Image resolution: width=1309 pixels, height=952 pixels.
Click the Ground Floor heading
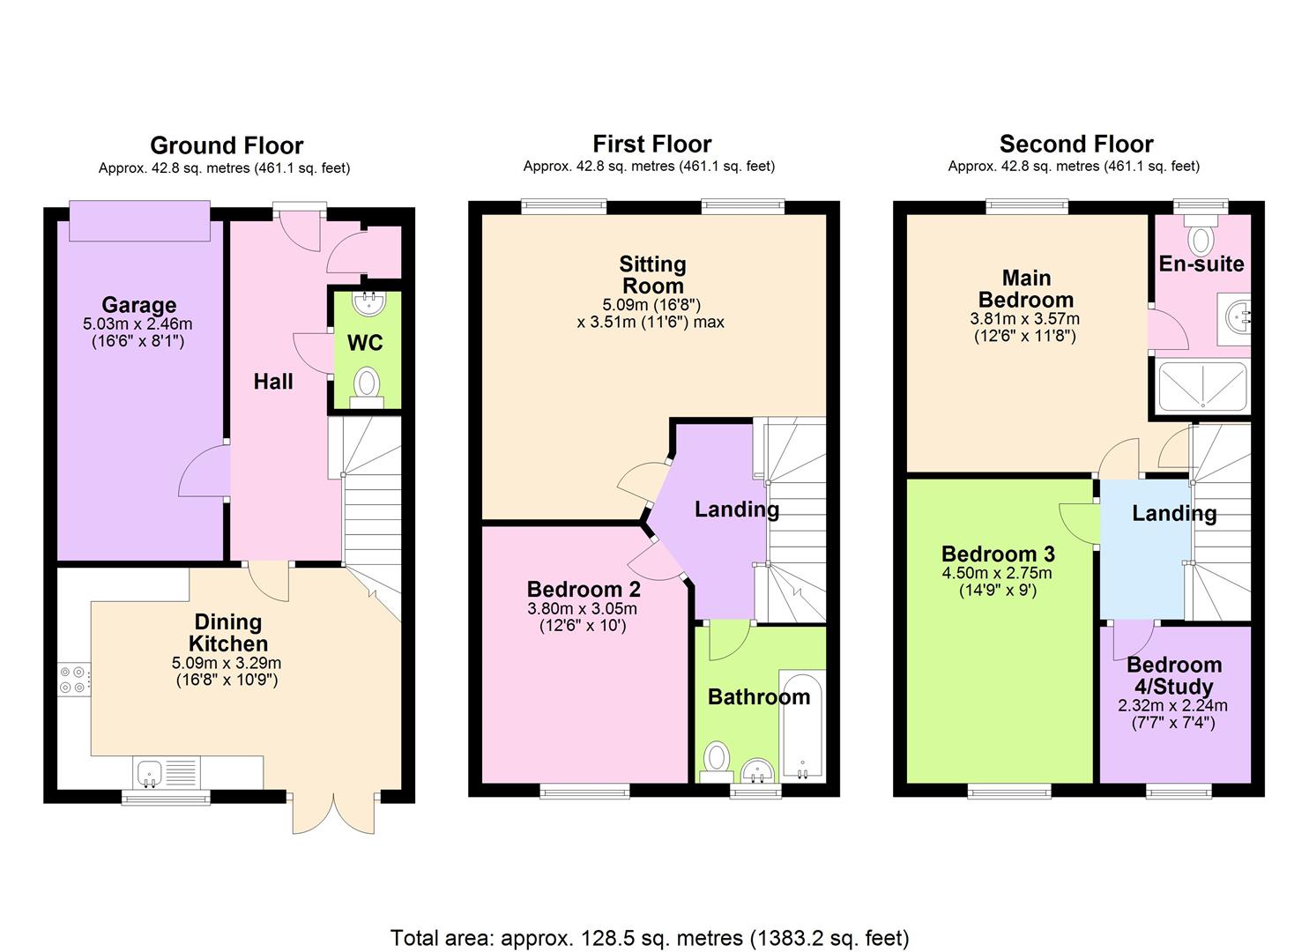(x=227, y=145)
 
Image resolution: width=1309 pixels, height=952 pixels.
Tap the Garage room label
(x=138, y=304)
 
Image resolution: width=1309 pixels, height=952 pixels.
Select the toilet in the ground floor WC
(x=367, y=388)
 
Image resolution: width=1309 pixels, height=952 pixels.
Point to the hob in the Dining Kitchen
(x=74, y=680)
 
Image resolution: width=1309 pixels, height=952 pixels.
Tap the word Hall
(x=273, y=382)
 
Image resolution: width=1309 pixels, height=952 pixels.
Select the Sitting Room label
(x=653, y=275)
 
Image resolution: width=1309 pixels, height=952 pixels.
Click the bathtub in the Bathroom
(x=803, y=726)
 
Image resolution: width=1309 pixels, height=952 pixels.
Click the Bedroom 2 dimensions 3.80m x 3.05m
(x=582, y=608)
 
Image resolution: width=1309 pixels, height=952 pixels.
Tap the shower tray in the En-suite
(x=1202, y=386)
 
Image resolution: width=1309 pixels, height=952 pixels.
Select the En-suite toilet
(x=1201, y=234)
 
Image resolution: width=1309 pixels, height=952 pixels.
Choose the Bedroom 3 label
(x=998, y=554)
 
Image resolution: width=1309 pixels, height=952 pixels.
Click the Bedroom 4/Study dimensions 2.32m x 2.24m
(x=1173, y=705)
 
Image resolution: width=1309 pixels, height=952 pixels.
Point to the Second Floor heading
(x=1076, y=144)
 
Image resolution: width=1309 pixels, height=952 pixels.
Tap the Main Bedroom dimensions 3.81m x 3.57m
(x=1025, y=319)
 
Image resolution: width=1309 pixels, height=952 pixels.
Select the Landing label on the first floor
(x=737, y=509)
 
